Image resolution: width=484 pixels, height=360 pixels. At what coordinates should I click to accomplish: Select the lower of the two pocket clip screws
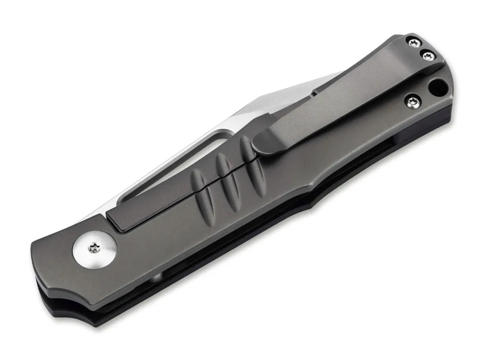[427, 55]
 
